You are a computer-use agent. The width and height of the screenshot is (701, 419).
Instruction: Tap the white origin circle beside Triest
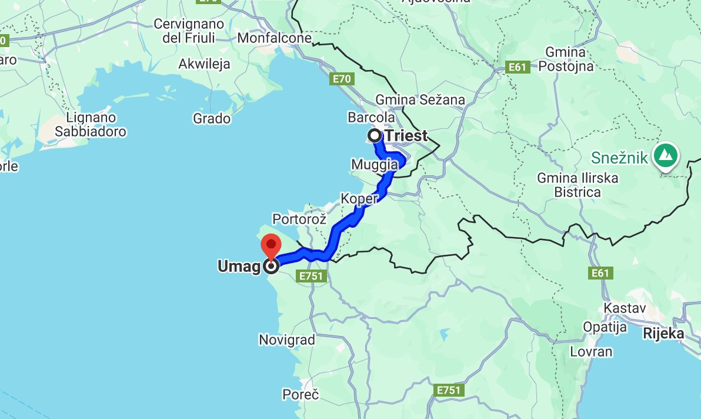click(375, 136)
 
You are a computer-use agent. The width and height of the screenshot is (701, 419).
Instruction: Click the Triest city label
click(406, 136)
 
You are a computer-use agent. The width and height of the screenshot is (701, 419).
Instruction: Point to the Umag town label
click(239, 267)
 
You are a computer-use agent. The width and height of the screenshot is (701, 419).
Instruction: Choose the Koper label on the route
click(359, 199)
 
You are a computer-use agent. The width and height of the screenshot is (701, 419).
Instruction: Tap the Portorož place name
click(299, 219)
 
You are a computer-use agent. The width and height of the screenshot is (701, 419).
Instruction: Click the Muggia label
click(373, 164)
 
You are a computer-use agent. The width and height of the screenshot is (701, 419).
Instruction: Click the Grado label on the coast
click(212, 119)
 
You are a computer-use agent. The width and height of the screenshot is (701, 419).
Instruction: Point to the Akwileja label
click(205, 64)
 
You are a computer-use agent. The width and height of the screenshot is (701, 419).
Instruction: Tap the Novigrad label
click(287, 340)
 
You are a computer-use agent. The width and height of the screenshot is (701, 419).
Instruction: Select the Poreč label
click(301, 394)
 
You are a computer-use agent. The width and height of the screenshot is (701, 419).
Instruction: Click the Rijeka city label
click(664, 334)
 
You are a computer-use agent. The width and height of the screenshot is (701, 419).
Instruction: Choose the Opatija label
click(605, 327)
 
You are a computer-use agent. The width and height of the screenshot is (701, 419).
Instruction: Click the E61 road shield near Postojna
click(518, 68)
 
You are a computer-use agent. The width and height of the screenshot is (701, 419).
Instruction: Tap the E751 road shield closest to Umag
click(312, 276)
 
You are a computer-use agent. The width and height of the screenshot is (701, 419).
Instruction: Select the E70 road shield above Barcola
click(342, 79)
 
